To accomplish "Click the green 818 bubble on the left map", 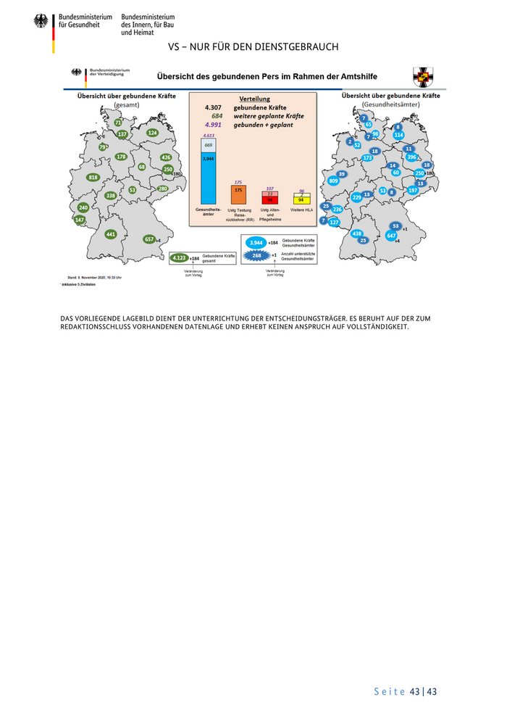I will pyautogui.click(x=93, y=178).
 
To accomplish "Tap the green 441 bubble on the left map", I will pyautogui.click(x=111, y=234).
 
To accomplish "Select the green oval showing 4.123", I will pyautogui.click(x=178, y=257).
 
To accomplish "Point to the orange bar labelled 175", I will pyautogui.click(x=238, y=194).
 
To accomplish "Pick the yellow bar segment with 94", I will pyautogui.click(x=301, y=199).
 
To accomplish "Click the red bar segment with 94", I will pyautogui.click(x=269, y=199).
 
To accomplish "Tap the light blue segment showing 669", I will pyautogui.click(x=208, y=145).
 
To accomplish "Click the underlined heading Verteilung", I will pyautogui.click(x=254, y=99).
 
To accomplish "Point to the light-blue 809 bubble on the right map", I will pyautogui.click(x=334, y=181).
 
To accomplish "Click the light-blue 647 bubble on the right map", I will pyautogui.click(x=392, y=236).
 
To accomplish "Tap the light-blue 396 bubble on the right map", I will pyautogui.click(x=411, y=157).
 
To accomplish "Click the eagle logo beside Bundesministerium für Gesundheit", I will pyautogui.click(x=41, y=20).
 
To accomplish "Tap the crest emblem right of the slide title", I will pyautogui.click(x=423, y=76).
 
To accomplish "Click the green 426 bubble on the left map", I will pyautogui.click(x=166, y=157).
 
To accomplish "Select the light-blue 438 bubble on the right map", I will pyautogui.click(x=357, y=234).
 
